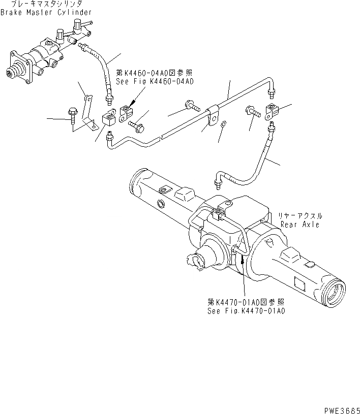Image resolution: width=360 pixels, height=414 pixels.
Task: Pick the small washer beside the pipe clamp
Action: click(x=224, y=124)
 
